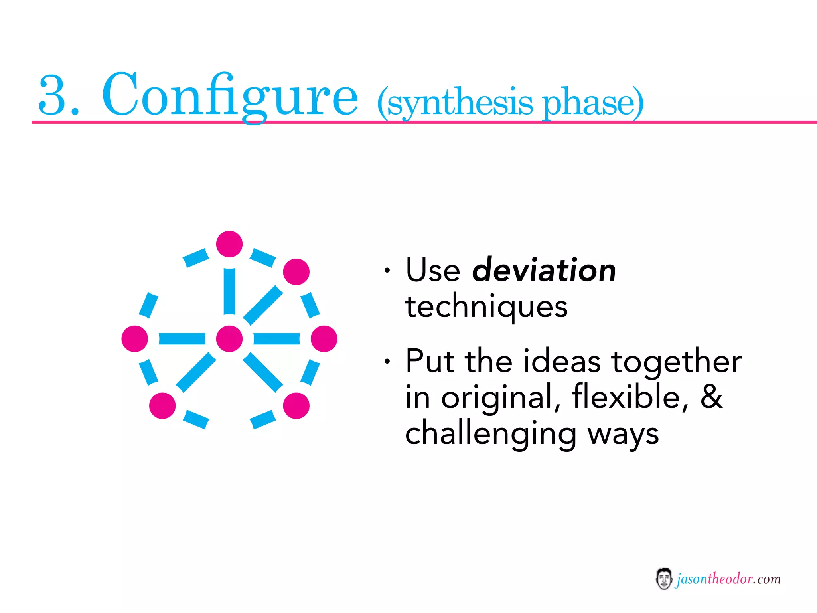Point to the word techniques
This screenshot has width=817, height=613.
[486, 306]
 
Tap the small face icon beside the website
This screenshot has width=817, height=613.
[663, 579]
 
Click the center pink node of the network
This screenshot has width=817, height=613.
[229, 338]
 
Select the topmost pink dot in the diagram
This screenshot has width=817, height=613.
[229, 244]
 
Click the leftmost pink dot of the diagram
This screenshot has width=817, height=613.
[135, 338]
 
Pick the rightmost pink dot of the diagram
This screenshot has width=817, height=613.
[324, 338]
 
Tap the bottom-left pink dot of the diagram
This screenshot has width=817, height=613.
[162, 405]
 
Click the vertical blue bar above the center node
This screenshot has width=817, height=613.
[229, 291]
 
